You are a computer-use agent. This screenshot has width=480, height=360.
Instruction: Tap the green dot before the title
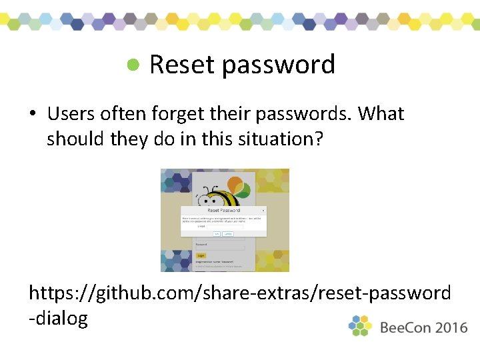[x=134, y=65]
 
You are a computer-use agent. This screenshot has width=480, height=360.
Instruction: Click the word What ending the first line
[x=381, y=114]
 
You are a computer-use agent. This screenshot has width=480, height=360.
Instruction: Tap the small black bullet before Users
[x=32, y=115]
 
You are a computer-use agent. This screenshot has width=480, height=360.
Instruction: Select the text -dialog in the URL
[x=59, y=319]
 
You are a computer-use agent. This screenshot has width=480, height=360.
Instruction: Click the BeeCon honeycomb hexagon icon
[x=361, y=325]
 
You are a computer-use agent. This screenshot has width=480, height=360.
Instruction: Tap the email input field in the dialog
[x=225, y=227]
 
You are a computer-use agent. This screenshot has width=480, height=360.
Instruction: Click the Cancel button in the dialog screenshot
[x=228, y=234]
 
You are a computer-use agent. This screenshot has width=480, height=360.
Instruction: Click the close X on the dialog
[x=263, y=210]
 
